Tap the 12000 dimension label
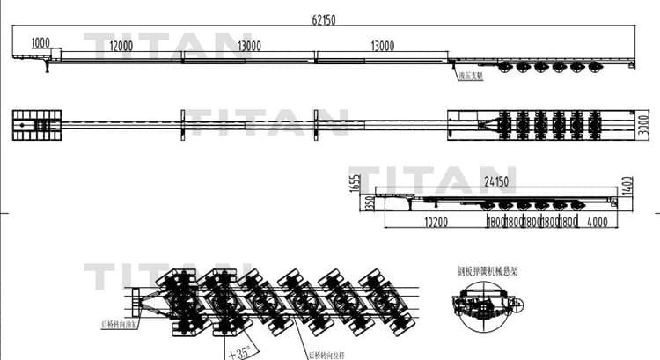[121, 46]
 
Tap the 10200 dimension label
[437, 223]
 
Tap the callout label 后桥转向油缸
[116, 325]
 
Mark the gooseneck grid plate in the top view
[37, 125]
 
